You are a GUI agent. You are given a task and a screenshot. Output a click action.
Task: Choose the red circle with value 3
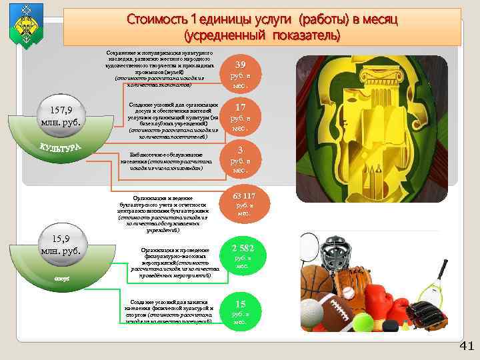tap(241, 159)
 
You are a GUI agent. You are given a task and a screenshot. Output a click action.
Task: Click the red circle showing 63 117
tap(244, 204)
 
